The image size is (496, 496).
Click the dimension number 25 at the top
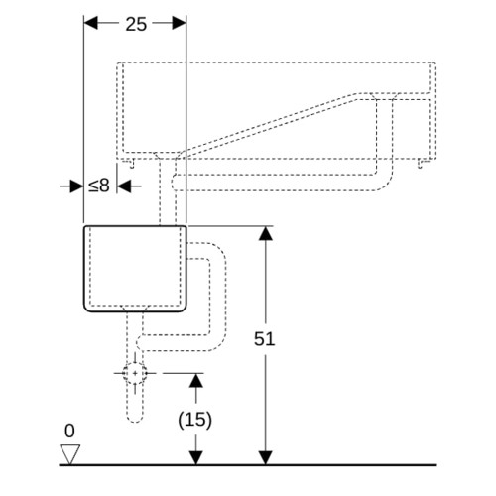click(136, 24)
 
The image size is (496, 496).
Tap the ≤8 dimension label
click(99, 186)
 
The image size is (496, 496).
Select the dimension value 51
click(264, 339)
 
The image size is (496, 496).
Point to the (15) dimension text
click(195, 420)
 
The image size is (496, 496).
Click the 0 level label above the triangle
click(69, 431)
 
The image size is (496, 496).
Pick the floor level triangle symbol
click(70, 454)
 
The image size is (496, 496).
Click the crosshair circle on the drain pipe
click(135, 373)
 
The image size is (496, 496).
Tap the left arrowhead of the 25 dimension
click(91, 23)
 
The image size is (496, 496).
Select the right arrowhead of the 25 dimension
click(180, 23)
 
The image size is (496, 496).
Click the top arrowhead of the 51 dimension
click(266, 233)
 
